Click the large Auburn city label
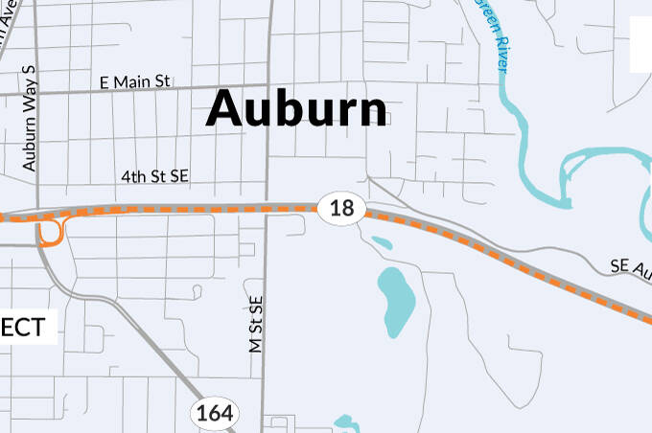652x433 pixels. pos(297,108)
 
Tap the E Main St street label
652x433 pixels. pos(135,83)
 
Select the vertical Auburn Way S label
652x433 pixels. pos(29,119)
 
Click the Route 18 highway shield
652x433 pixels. pos(340,207)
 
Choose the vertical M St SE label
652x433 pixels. pos(256,325)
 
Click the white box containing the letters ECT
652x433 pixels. pos(26,328)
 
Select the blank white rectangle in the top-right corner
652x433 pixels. pos(640,43)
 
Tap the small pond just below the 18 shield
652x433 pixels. pos(381,242)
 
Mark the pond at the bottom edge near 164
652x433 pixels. pos(344,422)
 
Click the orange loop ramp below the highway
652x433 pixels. pos(52,233)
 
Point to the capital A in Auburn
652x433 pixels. pos(225,108)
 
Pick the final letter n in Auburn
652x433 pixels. pos(373,112)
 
